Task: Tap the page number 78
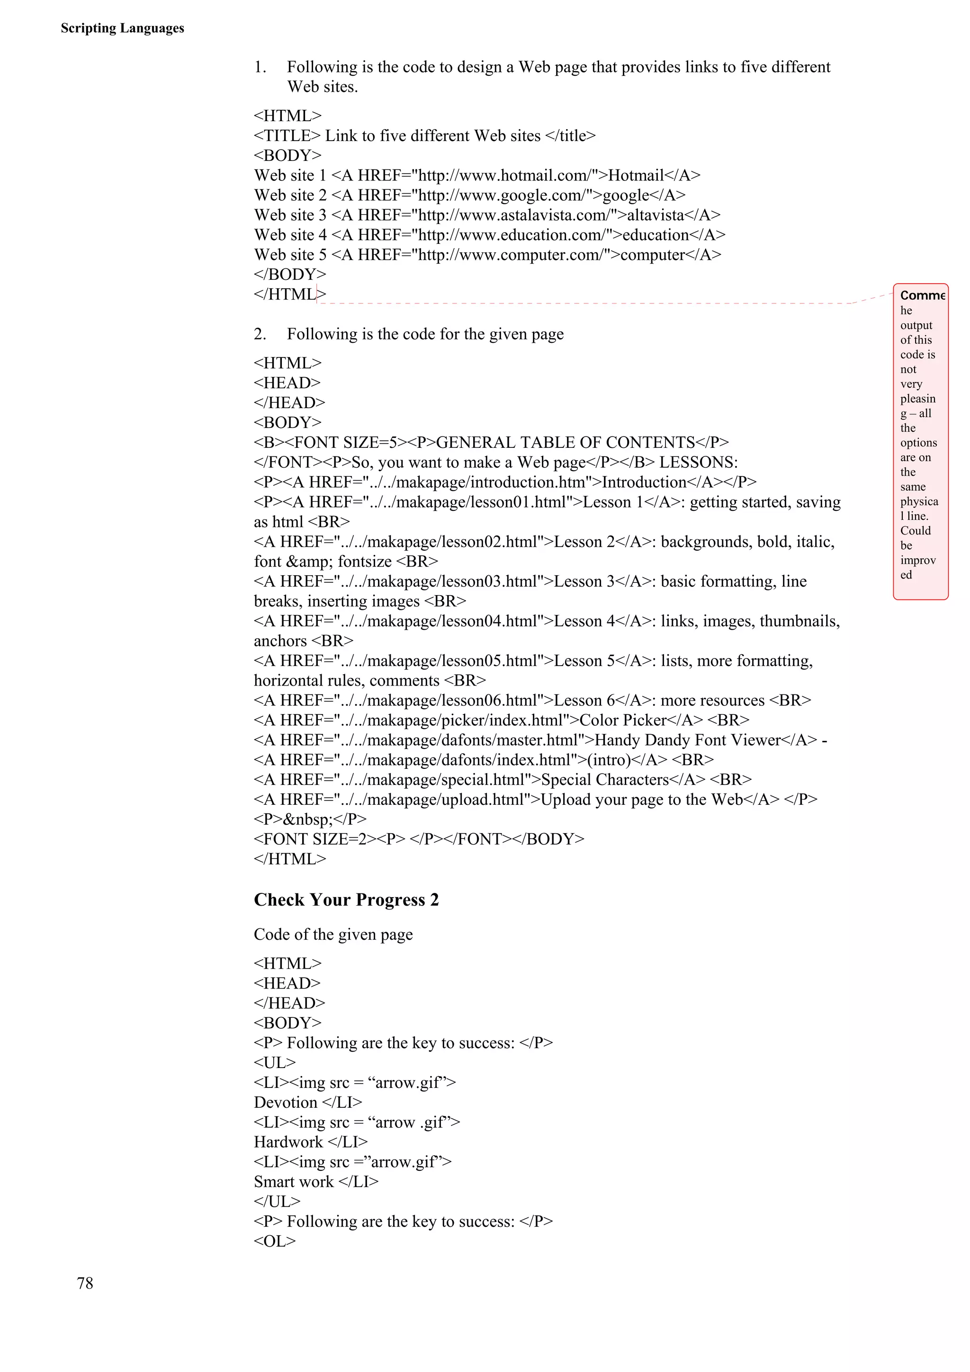click(x=85, y=1283)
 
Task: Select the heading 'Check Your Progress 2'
click(x=346, y=900)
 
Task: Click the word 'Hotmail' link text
click(x=636, y=175)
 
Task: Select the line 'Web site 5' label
click(x=290, y=255)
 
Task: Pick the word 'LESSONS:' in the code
click(x=698, y=462)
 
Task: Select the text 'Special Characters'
click(x=605, y=779)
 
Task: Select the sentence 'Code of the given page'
click(x=333, y=934)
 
